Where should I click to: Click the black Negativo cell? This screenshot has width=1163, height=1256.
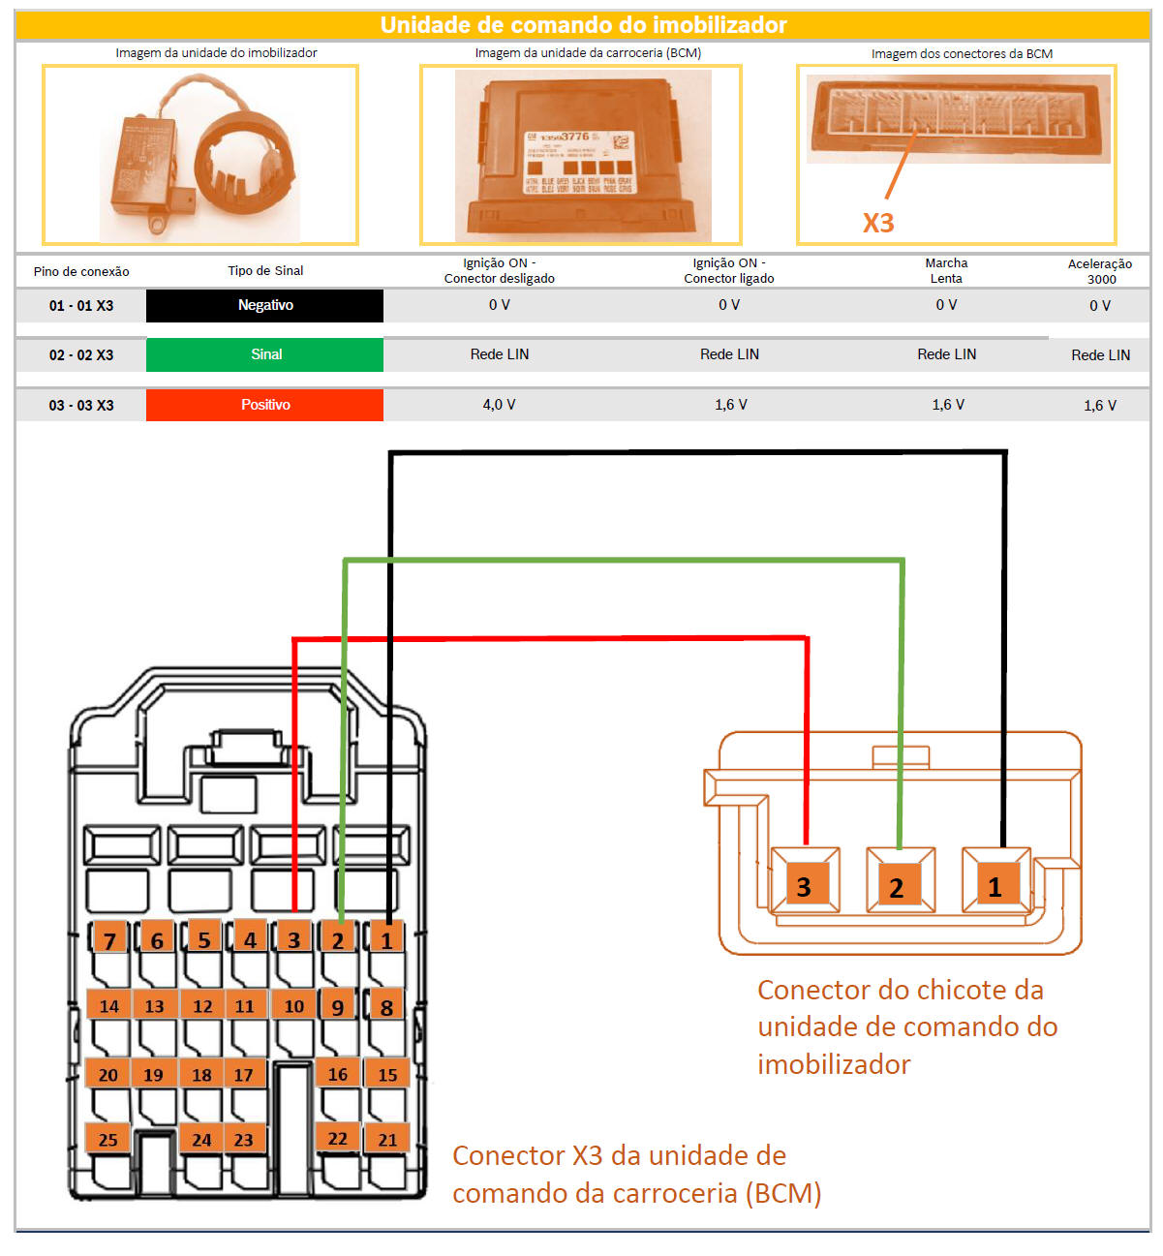(x=264, y=305)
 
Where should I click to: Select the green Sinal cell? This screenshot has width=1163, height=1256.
(x=264, y=354)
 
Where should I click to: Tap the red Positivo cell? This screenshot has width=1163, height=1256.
(x=264, y=405)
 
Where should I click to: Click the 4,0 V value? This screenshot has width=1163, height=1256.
(x=499, y=405)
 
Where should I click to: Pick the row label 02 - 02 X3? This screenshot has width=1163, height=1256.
(x=81, y=355)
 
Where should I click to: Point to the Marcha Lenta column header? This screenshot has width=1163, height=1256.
(x=946, y=271)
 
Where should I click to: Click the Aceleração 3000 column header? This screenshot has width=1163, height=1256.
(x=1100, y=271)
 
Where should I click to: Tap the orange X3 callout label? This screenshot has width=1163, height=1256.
(x=878, y=224)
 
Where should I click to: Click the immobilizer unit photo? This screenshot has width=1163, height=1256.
(x=200, y=155)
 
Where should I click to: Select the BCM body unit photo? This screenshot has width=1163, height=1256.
(x=582, y=155)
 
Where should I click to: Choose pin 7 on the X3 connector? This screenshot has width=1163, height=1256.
(x=109, y=940)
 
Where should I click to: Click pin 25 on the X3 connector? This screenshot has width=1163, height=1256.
(x=108, y=1140)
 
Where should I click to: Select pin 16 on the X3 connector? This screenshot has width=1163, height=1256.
(x=338, y=1074)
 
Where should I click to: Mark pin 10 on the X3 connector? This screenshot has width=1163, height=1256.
(x=294, y=1006)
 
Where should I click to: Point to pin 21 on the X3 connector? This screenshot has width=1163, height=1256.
(x=387, y=1140)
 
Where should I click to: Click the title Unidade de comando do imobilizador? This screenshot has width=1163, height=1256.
(x=583, y=25)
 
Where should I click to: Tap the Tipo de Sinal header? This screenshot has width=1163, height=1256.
(x=265, y=271)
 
